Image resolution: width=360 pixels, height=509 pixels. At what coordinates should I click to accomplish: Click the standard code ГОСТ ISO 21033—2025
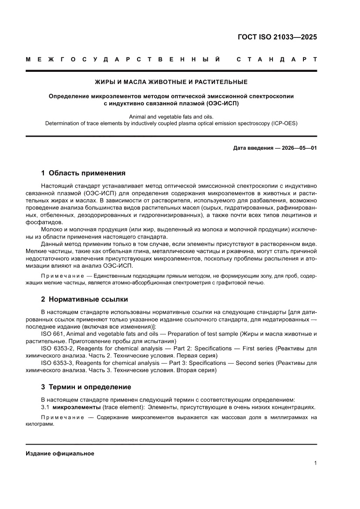tap(277, 37)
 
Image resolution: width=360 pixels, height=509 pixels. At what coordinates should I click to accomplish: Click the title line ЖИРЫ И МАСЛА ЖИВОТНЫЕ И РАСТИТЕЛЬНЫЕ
tap(171, 82)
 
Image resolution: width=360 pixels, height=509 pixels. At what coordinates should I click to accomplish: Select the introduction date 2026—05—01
tap(293, 148)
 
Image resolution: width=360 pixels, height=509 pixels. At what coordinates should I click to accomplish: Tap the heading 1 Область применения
tap(83, 173)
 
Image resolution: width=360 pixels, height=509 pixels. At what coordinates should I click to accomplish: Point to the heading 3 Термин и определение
tap(86, 387)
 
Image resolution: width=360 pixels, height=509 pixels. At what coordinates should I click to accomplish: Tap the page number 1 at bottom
tap(315, 463)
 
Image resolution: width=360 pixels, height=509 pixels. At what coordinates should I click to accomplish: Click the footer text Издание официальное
tap(60, 453)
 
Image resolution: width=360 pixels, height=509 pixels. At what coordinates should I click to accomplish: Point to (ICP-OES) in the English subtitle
tap(283, 123)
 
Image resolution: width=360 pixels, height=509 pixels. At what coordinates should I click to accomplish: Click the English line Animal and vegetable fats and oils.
tap(171, 117)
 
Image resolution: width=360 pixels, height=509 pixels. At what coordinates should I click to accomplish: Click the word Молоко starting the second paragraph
tap(52, 229)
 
